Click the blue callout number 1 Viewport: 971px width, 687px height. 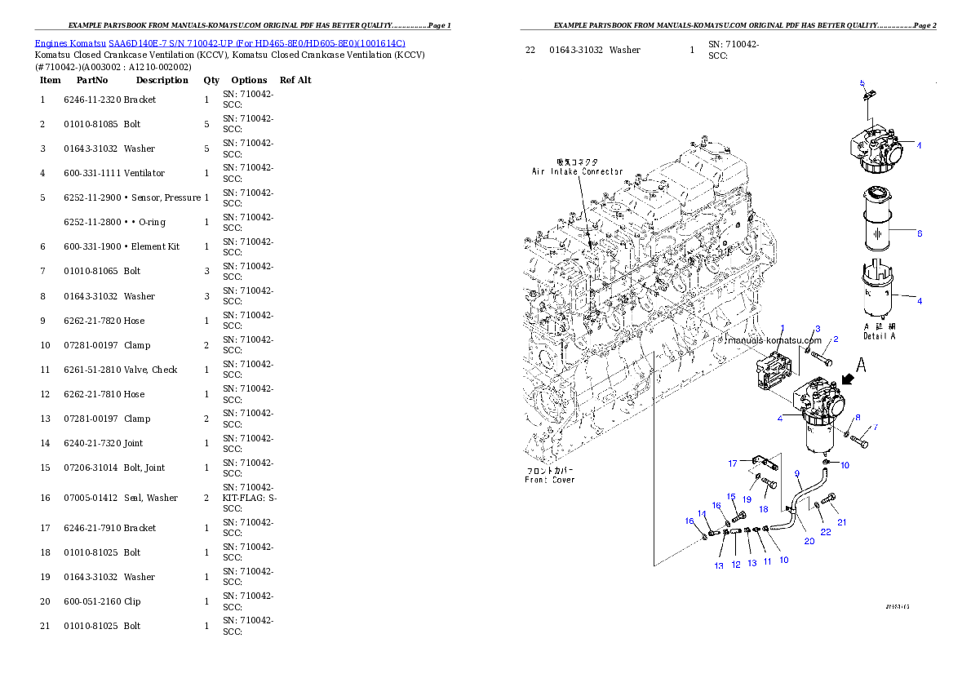782,327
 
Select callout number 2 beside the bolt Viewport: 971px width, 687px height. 836,339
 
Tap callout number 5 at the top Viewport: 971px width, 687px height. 862,83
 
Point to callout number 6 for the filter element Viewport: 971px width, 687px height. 919,233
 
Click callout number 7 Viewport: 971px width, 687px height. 876,427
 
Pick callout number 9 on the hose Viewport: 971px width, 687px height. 797,473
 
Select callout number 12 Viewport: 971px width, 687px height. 736,565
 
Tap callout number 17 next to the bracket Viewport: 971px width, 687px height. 733,463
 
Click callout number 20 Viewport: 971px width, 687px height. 809,540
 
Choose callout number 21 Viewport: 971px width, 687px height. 842,522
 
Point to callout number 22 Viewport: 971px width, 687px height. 826,532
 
